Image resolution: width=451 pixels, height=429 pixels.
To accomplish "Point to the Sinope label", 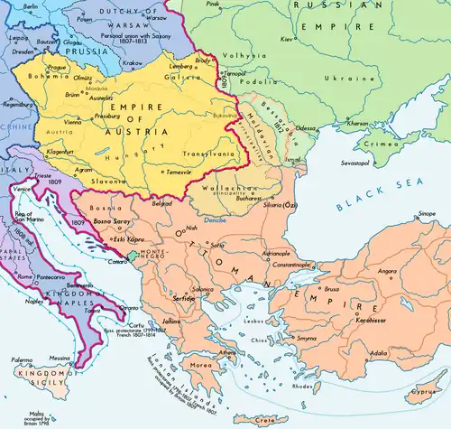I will pyautogui.click(x=426, y=215).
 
